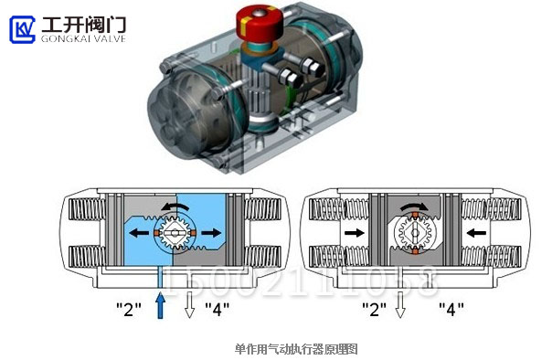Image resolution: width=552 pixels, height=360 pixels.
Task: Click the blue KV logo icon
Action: (22, 28)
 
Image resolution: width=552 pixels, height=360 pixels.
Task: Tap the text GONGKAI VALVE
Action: (83, 38)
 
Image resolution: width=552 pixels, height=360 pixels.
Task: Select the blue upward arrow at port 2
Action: (161, 305)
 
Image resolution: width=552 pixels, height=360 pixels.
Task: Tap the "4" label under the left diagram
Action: (218, 308)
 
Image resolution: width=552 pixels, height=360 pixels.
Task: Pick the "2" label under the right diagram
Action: (373, 308)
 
